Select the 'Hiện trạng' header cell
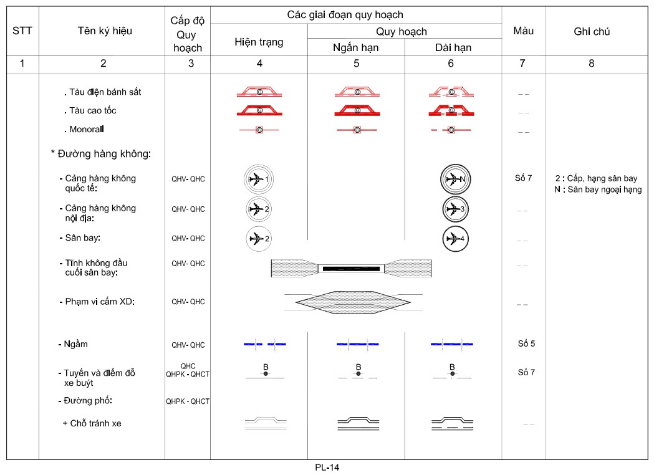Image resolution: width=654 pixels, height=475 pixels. tap(259, 42)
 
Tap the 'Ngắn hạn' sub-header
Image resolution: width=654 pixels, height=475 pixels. tap(356, 47)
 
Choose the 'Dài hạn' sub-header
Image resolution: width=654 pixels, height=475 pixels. tap(453, 47)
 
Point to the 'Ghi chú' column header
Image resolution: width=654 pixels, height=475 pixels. tap(591, 31)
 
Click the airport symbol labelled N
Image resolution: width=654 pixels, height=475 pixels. tap(455, 180)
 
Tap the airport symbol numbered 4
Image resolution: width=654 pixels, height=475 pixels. tap(455, 238)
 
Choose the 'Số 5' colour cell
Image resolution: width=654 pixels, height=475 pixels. tap(526, 343)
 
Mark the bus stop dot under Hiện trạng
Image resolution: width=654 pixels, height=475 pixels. tap(266, 374)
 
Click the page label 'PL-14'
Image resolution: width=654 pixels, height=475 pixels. tap(327, 467)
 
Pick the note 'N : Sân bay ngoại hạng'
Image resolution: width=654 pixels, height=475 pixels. tap(597, 190)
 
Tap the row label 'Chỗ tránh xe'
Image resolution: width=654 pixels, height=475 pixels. tap(92, 423)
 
